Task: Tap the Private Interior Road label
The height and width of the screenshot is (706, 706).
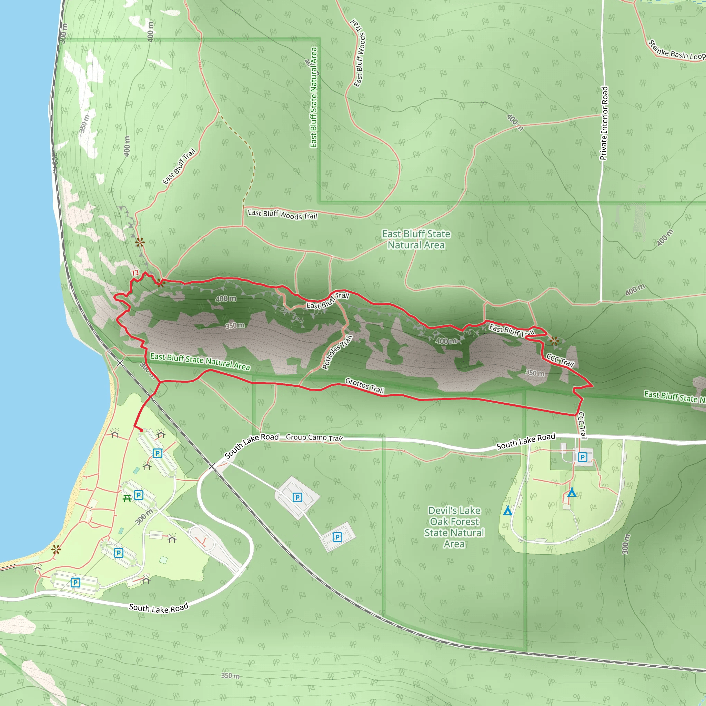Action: pos(604,123)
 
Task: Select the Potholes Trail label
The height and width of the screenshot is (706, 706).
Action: pos(337,352)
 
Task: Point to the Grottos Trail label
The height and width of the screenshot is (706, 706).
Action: pos(364,385)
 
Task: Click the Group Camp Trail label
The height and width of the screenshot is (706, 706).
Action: pos(314,437)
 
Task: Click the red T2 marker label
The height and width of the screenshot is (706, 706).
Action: pos(135,273)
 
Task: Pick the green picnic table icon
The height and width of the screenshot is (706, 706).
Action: pos(127,498)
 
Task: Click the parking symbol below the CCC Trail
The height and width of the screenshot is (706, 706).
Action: pos(582,457)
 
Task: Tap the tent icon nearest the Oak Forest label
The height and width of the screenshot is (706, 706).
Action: pos(507,511)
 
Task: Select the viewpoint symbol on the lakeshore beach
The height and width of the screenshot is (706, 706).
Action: pos(56,549)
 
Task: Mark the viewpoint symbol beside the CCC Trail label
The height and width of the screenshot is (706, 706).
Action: pos(554,341)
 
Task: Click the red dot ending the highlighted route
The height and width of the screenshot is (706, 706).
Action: pos(141,431)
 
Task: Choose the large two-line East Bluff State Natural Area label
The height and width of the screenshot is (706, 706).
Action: pos(416,239)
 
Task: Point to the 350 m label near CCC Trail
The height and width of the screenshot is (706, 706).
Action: pos(535,373)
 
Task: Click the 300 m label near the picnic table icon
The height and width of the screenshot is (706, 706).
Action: pos(144,517)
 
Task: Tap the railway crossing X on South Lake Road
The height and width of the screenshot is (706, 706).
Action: pos(212,467)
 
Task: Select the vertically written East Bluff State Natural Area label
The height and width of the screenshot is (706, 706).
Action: pos(314,97)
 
